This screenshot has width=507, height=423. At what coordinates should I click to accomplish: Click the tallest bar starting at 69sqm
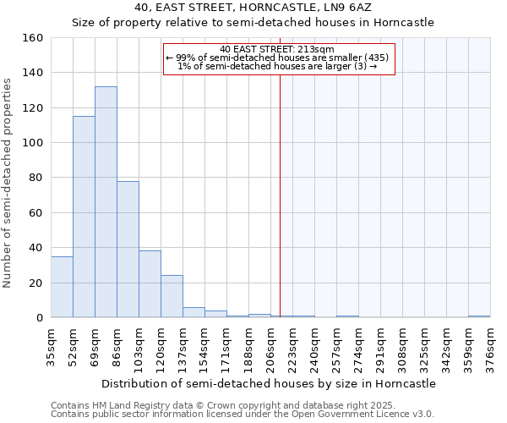pyautogui.click(x=106, y=202)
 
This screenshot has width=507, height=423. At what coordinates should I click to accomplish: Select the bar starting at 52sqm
pyautogui.click(x=84, y=217)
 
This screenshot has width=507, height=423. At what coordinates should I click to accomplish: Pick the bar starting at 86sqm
pyautogui.click(x=128, y=250)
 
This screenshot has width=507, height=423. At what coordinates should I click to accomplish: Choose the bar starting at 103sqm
pyautogui.click(x=150, y=284)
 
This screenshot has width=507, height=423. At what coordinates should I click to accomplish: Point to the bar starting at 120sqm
pyautogui.click(x=172, y=296)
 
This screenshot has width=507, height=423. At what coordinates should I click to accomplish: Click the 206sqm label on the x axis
pyautogui.click(x=270, y=345)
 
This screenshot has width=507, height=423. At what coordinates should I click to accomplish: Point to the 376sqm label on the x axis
pyautogui.click(x=490, y=345)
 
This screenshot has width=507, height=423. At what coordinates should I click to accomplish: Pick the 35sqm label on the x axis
pyautogui.click(x=51, y=345)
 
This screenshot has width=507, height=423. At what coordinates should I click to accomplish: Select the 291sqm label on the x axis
pyautogui.click(x=380, y=345)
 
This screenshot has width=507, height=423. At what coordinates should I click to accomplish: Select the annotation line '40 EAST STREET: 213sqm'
pyautogui.click(x=279, y=49)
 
